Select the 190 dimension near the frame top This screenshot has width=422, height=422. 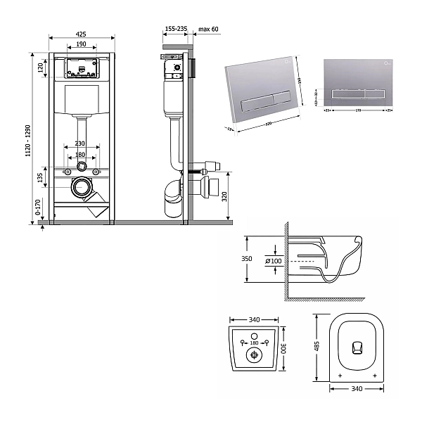pos(82,44)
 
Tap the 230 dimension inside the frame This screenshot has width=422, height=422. pos(82,144)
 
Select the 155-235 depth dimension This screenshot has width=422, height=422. pos(175,29)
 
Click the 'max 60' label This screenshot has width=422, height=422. pos(209,29)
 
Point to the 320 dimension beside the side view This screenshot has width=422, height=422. pos(224,196)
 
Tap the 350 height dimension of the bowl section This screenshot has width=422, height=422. pos(247,259)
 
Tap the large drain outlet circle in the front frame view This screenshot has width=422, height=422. pos(82,188)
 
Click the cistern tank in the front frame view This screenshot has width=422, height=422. pos(82,99)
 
